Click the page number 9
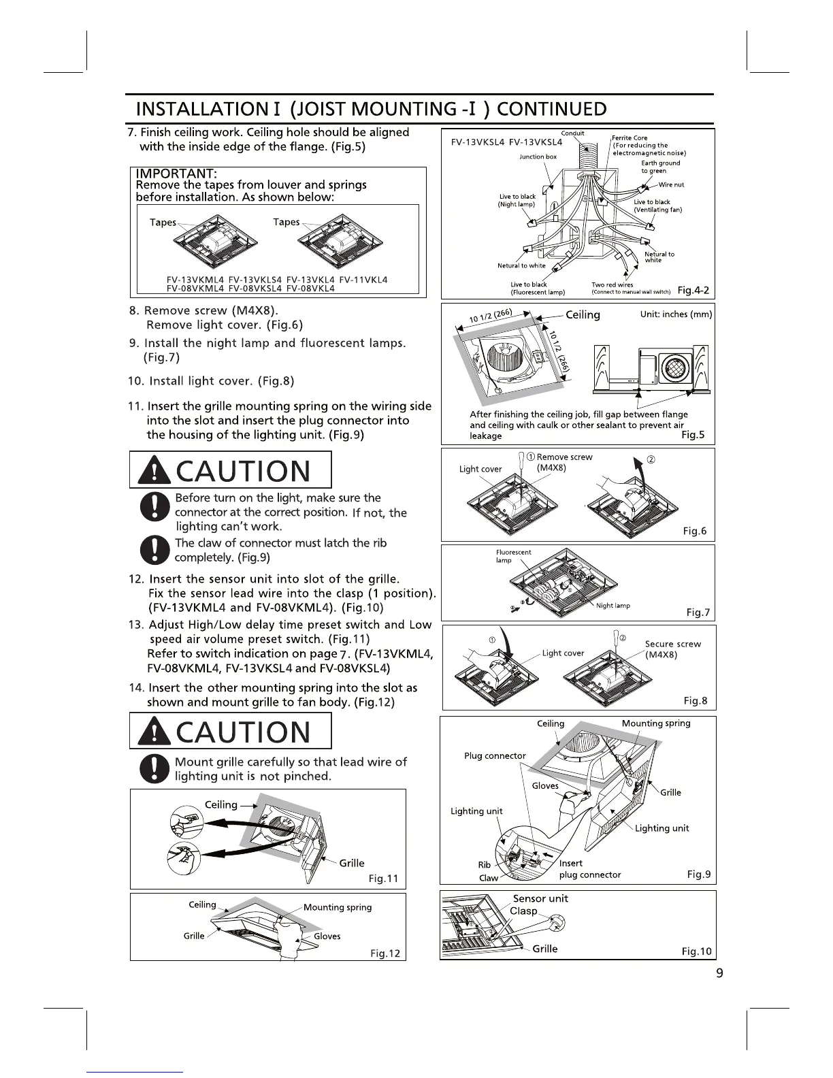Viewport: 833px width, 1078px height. [x=719, y=973]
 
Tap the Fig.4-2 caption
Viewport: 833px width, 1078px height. [x=694, y=291]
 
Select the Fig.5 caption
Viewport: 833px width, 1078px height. [x=693, y=435]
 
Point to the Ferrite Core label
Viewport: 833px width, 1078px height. [x=630, y=137]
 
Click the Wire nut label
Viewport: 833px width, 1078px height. [x=671, y=184]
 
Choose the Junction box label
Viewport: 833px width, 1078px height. [x=538, y=157]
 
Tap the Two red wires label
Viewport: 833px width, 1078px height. [x=612, y=284]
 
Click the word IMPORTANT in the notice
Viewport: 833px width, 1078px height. [x=176, y=174]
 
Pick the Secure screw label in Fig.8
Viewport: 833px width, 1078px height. [x=672, y=644]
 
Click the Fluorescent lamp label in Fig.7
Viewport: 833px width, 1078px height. [x=513, y=556]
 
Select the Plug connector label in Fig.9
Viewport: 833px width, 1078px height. [x=495, y=755]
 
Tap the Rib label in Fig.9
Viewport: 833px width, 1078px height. [x=484, y=865]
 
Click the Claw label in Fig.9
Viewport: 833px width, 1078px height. [x=488, y=878]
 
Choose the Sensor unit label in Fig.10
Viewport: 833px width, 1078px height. [x=540, y=898]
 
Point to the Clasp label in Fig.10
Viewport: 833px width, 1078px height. [x=523, y=911]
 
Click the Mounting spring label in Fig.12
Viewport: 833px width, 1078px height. [x=338, y=907]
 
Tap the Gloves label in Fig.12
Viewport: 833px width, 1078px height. [x=327, y=936]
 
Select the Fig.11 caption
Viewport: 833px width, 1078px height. [x=383, y=879]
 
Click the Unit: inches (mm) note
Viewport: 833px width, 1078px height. [x=676, y=314]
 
